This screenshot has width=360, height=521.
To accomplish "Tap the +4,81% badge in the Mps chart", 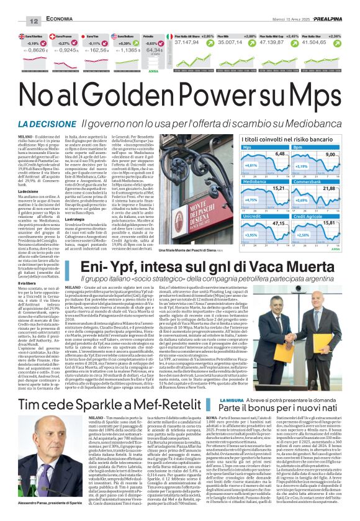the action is pyautogui.click(x=233, y=166).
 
